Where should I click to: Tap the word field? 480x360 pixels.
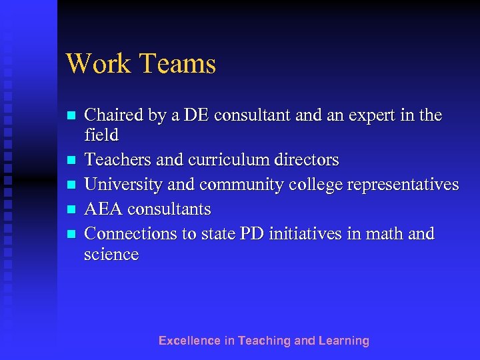tap(101, 135)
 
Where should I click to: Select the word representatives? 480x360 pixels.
tap(403, 185)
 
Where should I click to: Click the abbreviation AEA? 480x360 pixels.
tap(103, 209)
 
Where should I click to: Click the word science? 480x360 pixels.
tap(111, 255)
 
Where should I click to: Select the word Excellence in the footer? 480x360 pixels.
tap(189, 341)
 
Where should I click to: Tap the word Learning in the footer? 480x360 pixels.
tap(343, 341)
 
